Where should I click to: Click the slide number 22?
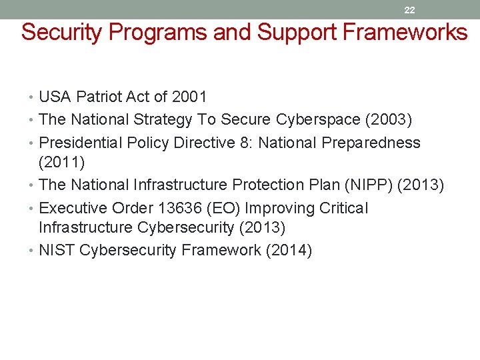409,10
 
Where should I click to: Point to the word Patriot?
99,97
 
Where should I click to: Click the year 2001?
189,97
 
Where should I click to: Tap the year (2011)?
61,162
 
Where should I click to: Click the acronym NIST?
57,251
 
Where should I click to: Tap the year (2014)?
289,251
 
